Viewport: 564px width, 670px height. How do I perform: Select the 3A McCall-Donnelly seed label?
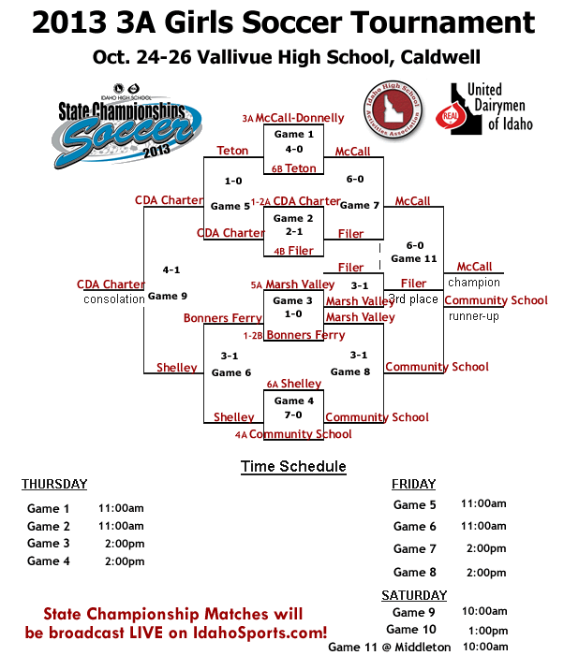pyautogui.click(x=293, y=119)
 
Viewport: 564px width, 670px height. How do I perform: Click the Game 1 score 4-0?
pyautogui.click(x=294, y=149)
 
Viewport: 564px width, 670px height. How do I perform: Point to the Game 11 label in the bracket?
pyautogui.click(x=414, y=258)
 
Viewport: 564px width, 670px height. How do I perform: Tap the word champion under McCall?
pyautogui.click(x=473, y=283)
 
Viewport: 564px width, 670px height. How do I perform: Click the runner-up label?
pyautogui.click(x=473, y=316)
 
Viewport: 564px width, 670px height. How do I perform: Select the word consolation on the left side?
pyautogui.click(x=113, y=299)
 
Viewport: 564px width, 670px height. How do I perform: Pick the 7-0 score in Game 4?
pyautogui.click(x=293, y=415)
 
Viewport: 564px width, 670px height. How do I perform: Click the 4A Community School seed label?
pyautogui.click(x=293, y=434)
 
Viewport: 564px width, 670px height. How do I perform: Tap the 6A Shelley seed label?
pyautogui.click(x=293, y=384)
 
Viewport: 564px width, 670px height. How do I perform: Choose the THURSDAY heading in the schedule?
pyautogui.click(x=54, y=484)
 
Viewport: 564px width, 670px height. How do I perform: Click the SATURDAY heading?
pyautogui.click(x=414, y=595)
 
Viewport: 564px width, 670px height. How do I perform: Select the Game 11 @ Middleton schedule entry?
pyautogui.click(x=389, y=647)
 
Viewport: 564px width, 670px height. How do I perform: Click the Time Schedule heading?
pyautogui.click(x=293, y=466)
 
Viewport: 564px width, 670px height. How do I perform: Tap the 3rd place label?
pyautogui.click(x=413, y=299)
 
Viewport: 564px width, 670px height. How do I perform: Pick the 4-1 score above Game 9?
pyautogui.click(x=171, y=269)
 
